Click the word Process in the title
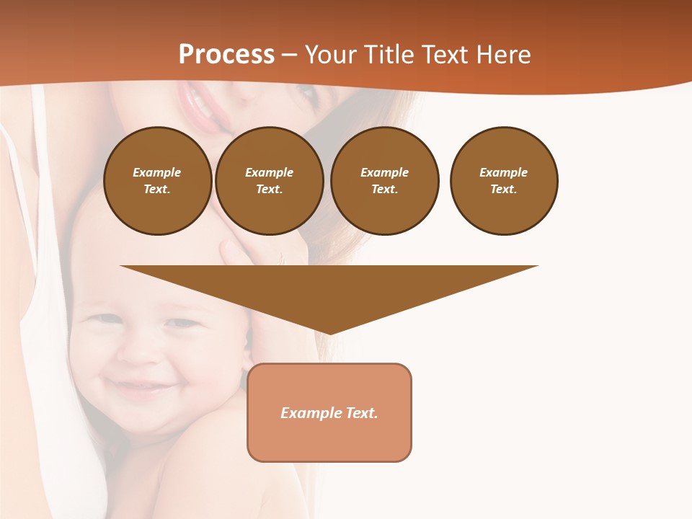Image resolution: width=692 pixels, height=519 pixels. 226,55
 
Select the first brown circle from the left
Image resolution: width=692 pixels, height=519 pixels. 157,181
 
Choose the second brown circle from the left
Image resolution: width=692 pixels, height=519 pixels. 269,181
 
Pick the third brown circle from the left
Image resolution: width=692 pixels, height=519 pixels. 384,181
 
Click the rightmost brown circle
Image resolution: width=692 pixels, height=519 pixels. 503,181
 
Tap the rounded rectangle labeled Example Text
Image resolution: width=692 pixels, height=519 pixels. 329,412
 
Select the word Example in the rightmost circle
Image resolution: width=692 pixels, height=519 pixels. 503,172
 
